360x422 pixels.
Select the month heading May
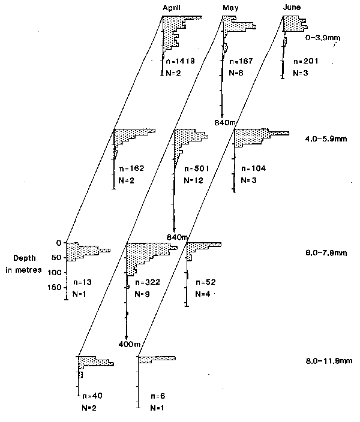coord(231,6)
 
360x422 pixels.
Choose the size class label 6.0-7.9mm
coord(322,254)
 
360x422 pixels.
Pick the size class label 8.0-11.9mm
coord(324,361)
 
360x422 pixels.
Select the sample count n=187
coord(236,61)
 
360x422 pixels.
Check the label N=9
coord(142,294)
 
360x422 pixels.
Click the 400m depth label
coord(128,343)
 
